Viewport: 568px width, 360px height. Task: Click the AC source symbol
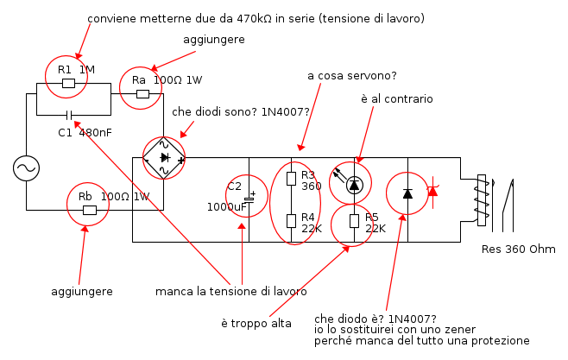pos(26,168)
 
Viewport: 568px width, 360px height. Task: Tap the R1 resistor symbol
pos(68,84)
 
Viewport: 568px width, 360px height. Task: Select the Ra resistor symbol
pos(142,94)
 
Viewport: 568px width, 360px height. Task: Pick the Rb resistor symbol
pos(90,210)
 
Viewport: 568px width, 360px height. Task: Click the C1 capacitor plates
pos(70,116)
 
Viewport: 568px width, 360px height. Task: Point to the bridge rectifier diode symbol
pos(164,157)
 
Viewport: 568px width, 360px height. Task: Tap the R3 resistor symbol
pos(291,179)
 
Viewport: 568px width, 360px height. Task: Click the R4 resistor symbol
pos(291,221)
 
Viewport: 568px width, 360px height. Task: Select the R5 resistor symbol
pos(354,221)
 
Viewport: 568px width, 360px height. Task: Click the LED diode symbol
pos(354,186)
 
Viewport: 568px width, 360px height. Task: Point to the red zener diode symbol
pos(432,191)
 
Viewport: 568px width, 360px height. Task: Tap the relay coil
pos(482,200)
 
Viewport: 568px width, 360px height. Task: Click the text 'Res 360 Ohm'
pos(519,249)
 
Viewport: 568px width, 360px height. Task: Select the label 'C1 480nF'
pos(85,133)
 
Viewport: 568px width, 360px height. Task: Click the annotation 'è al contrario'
pos(397,99)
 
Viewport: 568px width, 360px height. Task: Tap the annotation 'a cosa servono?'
pos(352,76)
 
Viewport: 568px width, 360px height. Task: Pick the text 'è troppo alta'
pos(256,323)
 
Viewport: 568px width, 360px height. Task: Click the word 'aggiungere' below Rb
pos(82,292)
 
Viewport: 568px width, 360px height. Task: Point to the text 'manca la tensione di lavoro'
pos(231,291)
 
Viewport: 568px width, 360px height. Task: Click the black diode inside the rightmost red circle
pos(407,193)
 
